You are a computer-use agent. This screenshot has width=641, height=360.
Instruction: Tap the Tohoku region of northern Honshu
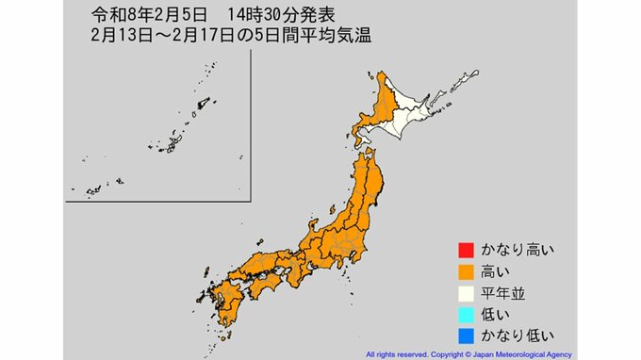(371, 188)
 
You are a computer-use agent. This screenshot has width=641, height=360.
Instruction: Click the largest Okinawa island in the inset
(175, 143)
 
